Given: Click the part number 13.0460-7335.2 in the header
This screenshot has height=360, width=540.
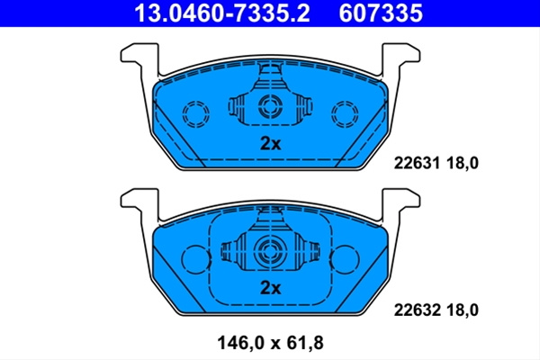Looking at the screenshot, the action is coord(222,13).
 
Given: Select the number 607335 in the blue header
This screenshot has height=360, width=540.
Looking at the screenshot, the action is coord(381,13).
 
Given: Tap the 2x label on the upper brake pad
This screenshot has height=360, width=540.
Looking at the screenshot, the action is coord(270,144).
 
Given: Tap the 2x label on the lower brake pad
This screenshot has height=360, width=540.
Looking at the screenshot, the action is coord(270,288).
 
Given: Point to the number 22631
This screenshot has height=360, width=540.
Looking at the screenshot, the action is coord(417,163).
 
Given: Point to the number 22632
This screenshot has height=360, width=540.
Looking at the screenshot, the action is coord(417,310).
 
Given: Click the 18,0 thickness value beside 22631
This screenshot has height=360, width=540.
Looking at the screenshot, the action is coord(463,163).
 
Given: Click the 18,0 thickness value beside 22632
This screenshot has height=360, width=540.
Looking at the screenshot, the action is coord(463,310).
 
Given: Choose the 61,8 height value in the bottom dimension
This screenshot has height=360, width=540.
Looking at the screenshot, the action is coord(304,343).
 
